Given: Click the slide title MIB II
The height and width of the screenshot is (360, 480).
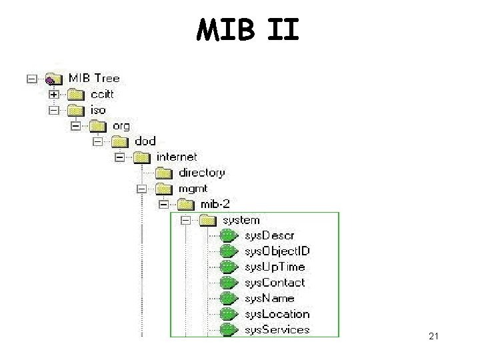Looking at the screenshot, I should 247,29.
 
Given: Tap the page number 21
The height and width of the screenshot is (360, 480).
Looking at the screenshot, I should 434,338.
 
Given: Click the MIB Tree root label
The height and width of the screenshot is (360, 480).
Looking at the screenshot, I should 94,79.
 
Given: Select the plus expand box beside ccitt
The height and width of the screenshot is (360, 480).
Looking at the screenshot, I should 53,95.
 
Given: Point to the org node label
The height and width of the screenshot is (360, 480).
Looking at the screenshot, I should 121,125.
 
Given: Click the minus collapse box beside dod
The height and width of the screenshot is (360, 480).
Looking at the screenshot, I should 97,141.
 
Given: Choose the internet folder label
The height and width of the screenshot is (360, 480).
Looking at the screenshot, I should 177,157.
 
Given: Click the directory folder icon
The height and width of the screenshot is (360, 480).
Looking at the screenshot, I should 165,173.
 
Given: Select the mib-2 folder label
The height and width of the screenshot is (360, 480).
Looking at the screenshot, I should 215,204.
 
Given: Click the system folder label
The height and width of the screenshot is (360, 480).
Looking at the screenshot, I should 241,220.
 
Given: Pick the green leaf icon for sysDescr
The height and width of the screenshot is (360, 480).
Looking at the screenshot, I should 229,235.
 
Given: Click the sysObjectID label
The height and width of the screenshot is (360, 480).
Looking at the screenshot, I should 277,251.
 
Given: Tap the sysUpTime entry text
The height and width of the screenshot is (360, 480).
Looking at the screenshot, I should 275,267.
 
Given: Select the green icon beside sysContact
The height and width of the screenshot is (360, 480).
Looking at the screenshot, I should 229,283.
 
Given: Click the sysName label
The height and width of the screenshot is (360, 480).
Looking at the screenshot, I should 269,298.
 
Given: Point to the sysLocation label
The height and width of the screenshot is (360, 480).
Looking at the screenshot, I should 277,314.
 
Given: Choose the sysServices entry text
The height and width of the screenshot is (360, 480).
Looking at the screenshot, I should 277,329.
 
